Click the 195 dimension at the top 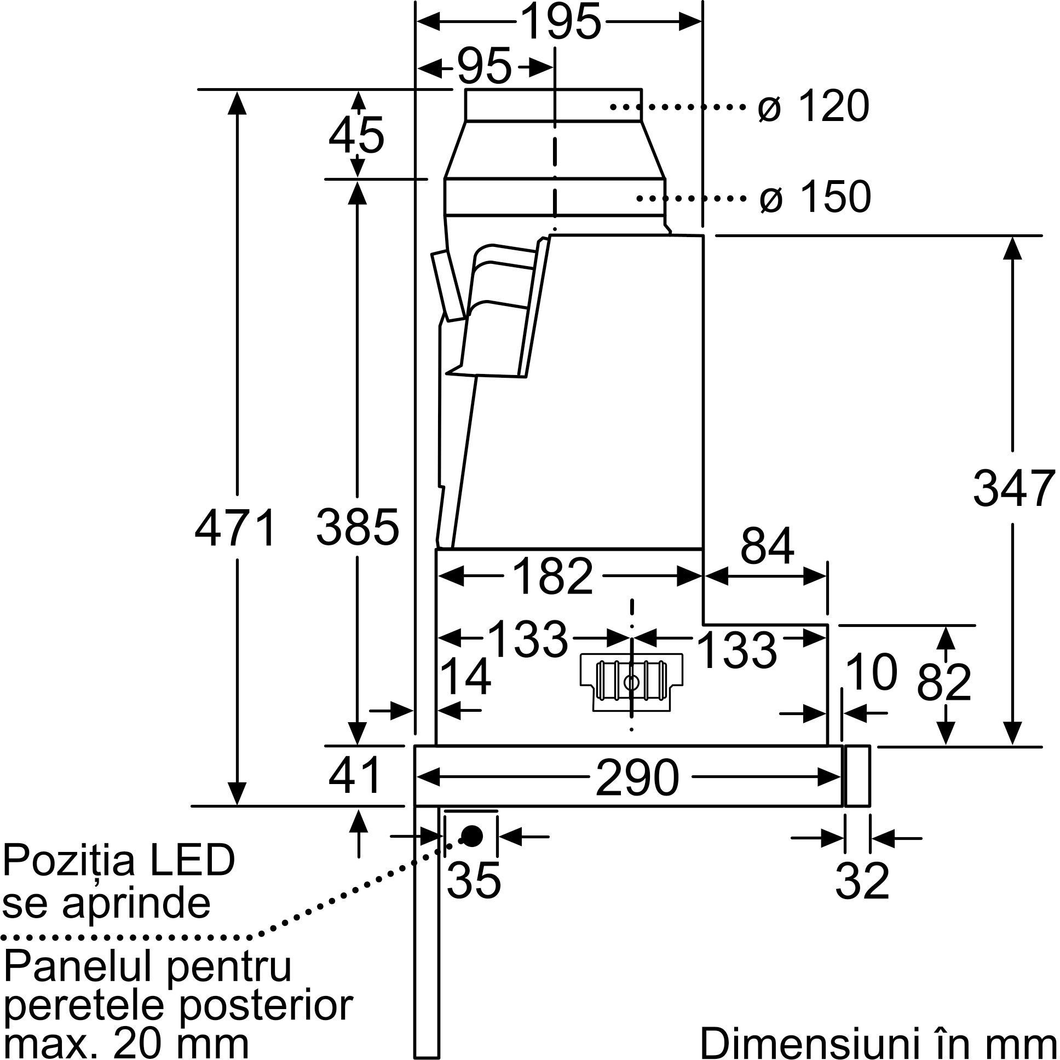click(x=560, y=22)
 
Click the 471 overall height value click(x=236, y=528)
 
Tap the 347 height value click(x=1013, y=489)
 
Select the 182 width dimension click(x=554, y=577)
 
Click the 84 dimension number click(x=767, y=546)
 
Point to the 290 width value click(x=637, y=778)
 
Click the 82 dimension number click(x=944, y=683)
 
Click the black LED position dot click(x=471, y=836)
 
